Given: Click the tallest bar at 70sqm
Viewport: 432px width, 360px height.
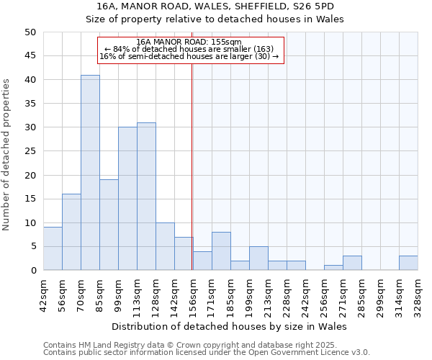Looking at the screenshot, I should click(x=90, y=173).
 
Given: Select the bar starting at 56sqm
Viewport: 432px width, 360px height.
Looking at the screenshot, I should click(x=71, y=232).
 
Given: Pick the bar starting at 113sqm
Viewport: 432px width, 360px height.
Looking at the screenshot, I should click(x=146, y=197).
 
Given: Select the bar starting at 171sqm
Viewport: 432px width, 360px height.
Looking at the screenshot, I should click(x=221, y=251).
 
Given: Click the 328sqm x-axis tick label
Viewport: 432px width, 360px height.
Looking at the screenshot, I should click(x=418, y=294).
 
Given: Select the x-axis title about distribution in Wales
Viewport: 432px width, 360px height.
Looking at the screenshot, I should click(x=230, y=326).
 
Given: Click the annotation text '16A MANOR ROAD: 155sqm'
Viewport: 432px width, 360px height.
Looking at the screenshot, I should click(x=189, y=42).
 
